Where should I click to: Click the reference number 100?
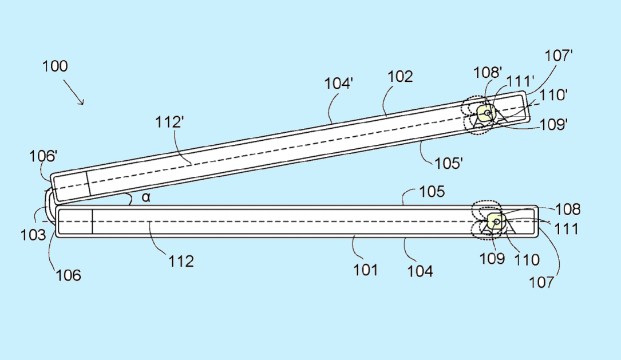(55, 66)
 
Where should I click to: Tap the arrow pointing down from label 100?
(74, 92)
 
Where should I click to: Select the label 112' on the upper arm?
(169, 122)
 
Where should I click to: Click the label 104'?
(339, 84)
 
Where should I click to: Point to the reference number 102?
(400, 77)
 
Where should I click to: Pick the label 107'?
(559, 56)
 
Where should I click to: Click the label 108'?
(488, 73)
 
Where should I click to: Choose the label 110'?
(553, 95)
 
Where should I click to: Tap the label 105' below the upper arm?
(449, 163)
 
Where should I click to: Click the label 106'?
(43, 156)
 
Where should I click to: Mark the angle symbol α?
(146, 197)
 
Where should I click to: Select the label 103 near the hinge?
(33, 235)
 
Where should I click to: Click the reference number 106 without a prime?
(68, 275)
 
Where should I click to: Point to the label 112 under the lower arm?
(181, 262)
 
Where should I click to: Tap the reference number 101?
(366, 270)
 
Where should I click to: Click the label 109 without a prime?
(492, 259)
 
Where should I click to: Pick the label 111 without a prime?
(566, 229)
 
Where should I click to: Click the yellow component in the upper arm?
(486, 113)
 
